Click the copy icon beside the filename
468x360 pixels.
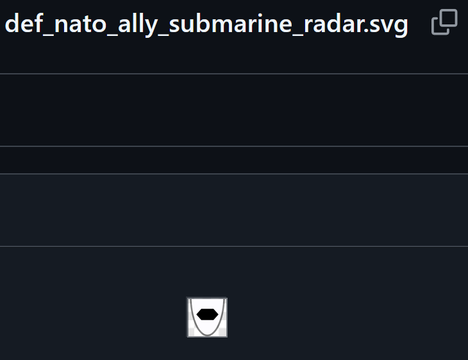click(444, 22)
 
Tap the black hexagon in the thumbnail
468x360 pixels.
click(208, 314)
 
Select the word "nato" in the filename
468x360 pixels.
click(81, 24)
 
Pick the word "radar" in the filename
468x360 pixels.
click(334, 24)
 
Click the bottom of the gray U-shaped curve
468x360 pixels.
click(208, 335)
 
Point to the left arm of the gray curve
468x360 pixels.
click(192, 314)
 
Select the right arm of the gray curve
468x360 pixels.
click(222, 314)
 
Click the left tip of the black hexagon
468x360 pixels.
click(197, 314)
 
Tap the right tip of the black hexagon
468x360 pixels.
click(218, 314)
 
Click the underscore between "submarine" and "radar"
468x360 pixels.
click(298, 36)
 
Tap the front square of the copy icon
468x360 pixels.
click(448, 19)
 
